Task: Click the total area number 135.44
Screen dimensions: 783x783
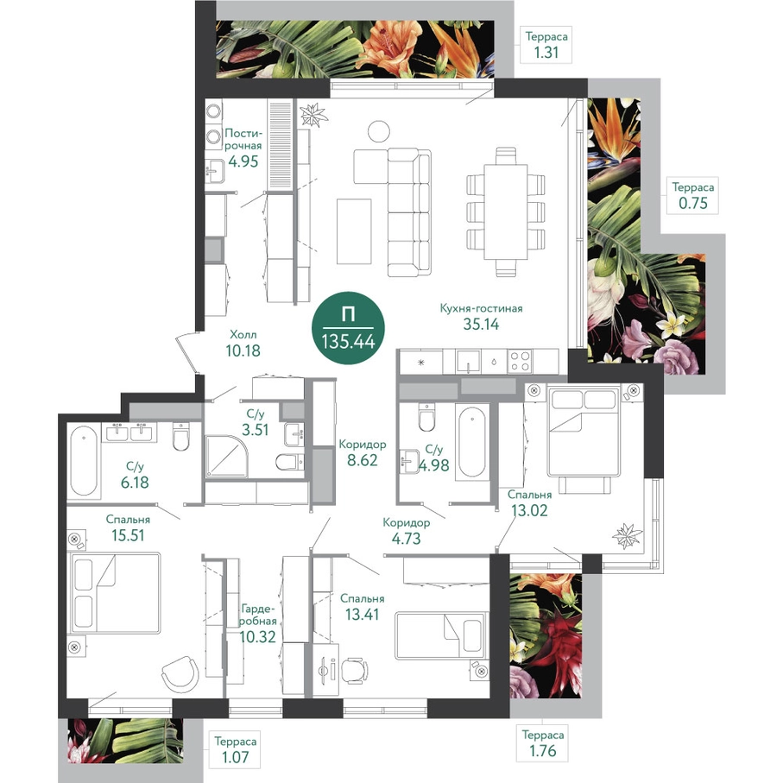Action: [348, 342]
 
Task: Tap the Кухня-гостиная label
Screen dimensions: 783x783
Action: [481, 308]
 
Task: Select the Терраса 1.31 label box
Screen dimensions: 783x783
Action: [546, 45]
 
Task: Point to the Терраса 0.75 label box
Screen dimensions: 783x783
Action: [692, 195]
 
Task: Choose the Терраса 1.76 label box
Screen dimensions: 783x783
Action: [543, 742]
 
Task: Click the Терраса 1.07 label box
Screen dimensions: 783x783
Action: [235, 749]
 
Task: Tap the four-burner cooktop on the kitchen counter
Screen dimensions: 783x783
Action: [520, 361]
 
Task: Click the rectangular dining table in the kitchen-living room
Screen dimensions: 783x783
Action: [507, 212]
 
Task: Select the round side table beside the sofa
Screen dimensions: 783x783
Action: [378, 131]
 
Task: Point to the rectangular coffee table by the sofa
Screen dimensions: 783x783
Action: [354, 230]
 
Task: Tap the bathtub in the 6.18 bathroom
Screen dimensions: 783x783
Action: [84, 460]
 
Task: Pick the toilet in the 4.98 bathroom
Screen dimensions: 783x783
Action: [427, 417]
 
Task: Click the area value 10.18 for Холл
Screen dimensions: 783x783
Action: [243, 350]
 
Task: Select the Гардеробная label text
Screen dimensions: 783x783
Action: [258, 616]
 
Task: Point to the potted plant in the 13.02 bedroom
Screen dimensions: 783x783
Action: [627, 536]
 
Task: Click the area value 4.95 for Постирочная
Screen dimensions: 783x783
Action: [243, 161]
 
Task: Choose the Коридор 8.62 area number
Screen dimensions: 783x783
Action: [363, 460]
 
